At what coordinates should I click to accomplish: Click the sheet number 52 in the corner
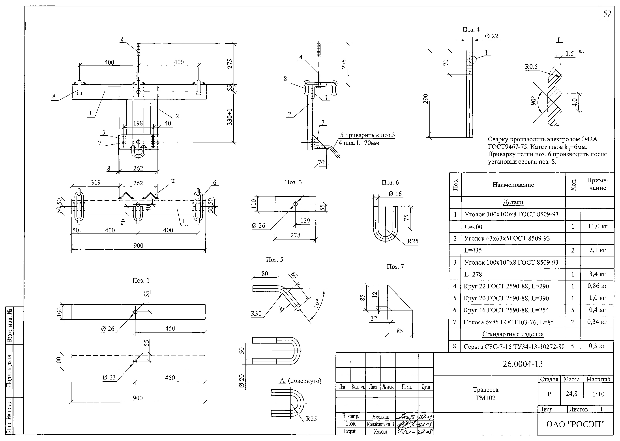pos(607,14)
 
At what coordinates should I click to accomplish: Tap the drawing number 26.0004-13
pos(523,364)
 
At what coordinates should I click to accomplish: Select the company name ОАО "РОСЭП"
pos(575,424)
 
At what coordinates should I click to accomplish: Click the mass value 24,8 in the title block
pos(571,393)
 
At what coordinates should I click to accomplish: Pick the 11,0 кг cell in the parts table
pos(598,226)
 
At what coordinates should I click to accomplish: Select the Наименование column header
pos(513,185)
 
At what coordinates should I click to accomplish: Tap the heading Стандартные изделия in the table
pos(513,334)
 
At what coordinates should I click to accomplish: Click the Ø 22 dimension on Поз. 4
pos(491,36)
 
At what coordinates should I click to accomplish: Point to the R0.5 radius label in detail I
pos(531,67)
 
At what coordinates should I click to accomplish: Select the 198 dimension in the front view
pos(138,123)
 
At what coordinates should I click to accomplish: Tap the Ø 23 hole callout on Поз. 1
pos(109,377)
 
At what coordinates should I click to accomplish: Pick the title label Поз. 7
pos(395,267)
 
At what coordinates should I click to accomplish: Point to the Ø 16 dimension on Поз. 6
pos(395,194)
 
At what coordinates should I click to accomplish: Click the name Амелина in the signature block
pos(380,417)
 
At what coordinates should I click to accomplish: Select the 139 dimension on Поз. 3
pos(305,220)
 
